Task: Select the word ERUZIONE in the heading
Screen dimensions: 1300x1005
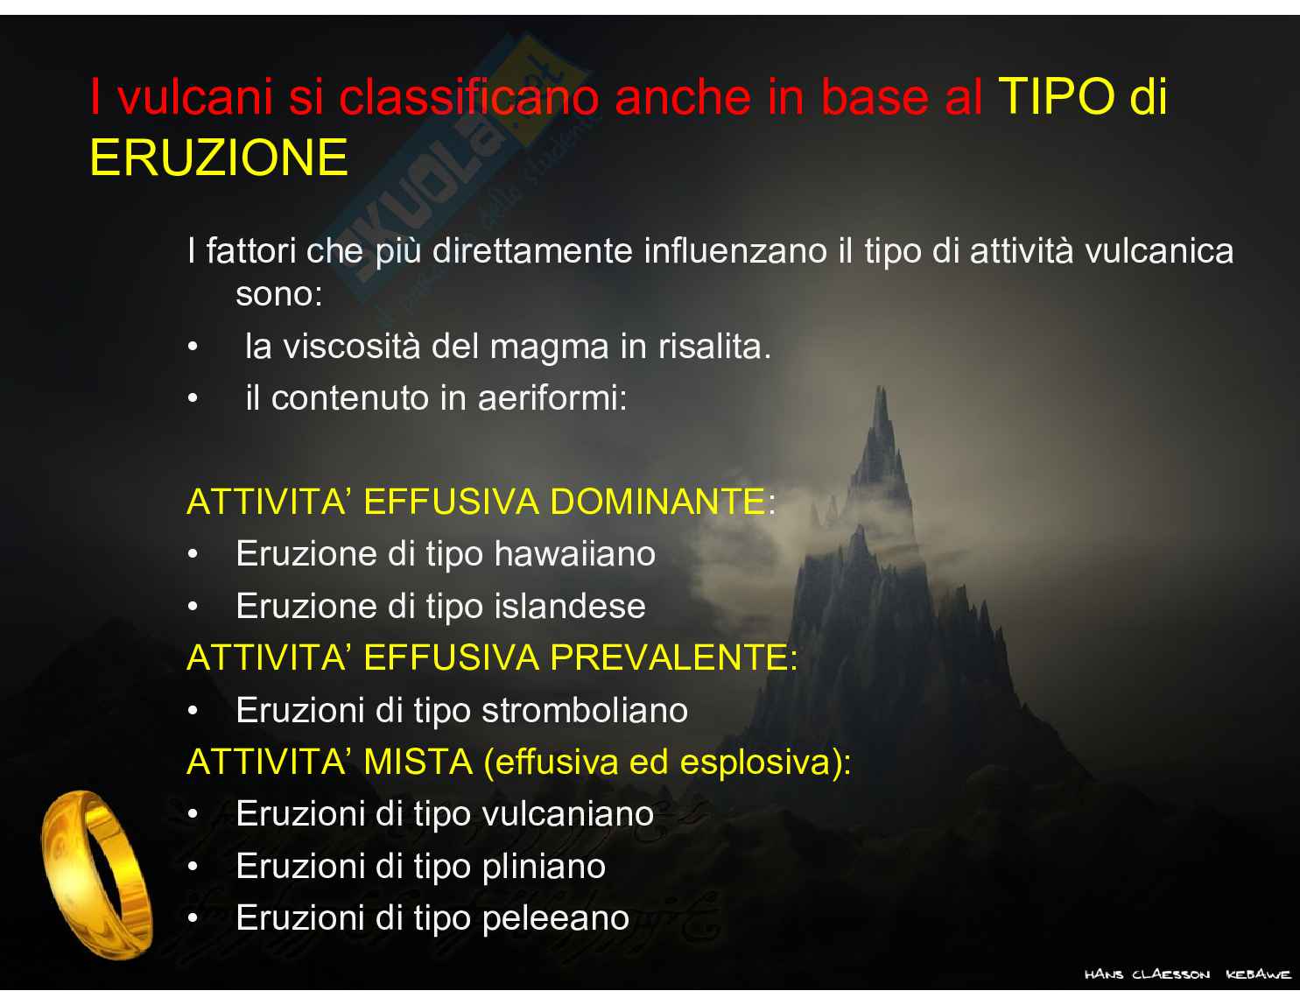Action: pos(219,158)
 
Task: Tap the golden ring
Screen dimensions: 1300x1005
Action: pos(96,875)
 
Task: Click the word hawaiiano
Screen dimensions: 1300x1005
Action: pos(574,553)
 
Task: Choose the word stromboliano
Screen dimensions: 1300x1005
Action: pos(585,711)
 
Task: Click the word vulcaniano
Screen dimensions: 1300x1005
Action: pos(568,814)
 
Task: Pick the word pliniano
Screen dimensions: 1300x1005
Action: pos(544,867)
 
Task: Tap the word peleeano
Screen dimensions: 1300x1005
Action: pos(556,919)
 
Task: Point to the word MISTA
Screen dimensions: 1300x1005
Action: pos(418,763)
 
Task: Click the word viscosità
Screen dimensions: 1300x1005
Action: pos(352,347)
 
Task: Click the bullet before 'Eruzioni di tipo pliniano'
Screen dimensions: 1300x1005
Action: pos(193,867)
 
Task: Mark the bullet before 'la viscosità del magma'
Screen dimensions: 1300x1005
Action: pos(193,347)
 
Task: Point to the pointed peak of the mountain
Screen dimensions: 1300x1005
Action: pos(882,388)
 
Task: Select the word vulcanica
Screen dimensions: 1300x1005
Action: pos(1159,250)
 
